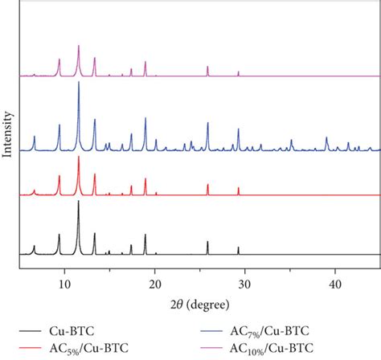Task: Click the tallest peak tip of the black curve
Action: (79, 201)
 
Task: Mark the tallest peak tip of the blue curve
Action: (79, 83)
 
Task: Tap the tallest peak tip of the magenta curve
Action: (79, 46)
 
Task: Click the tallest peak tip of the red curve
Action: (79, 157)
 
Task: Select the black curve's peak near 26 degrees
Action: (207, 241)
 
